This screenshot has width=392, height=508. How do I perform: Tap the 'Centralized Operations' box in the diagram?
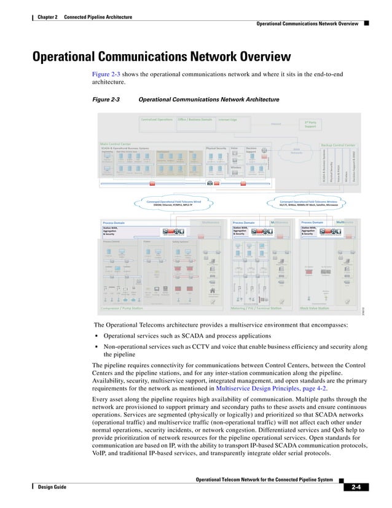157,119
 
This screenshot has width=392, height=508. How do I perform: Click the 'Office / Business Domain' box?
195,119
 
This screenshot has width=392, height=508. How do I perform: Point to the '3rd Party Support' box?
310,124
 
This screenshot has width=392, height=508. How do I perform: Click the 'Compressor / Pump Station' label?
123,308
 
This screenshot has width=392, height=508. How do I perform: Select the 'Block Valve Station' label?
315,308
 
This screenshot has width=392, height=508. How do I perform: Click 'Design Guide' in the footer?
52,486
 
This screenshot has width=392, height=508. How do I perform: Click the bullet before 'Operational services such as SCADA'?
98,336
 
